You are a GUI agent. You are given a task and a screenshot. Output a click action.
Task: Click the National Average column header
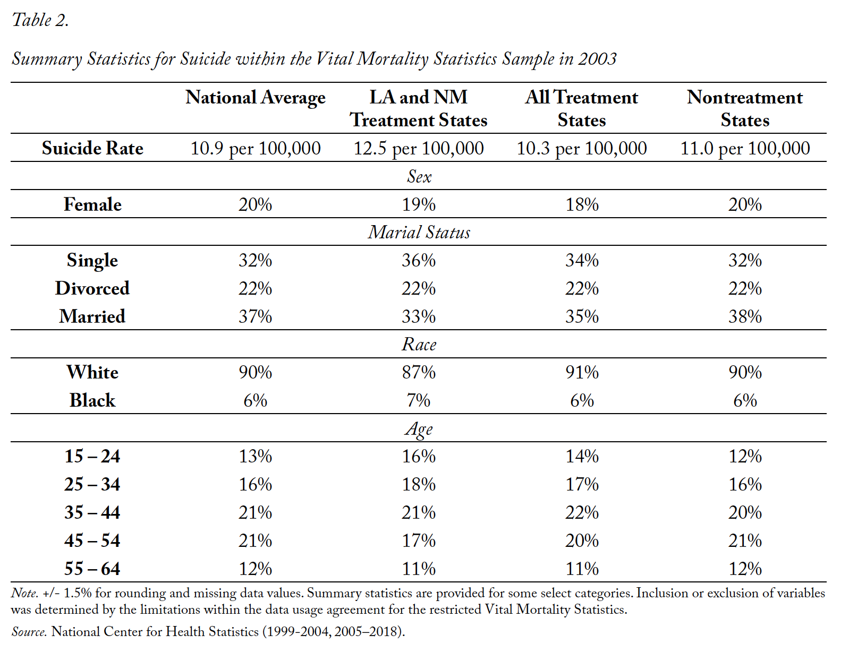[255, 98]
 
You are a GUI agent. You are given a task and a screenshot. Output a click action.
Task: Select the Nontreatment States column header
[745, 108]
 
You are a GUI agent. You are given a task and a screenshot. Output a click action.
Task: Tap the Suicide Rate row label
[92, 148]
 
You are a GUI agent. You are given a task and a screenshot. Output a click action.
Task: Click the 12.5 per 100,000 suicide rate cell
[419, 149]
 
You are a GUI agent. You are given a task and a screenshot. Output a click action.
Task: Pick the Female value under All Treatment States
[582, 204]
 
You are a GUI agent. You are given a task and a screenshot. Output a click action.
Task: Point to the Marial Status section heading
[419, 233]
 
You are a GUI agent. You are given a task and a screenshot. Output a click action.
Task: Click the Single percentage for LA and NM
[419, 260]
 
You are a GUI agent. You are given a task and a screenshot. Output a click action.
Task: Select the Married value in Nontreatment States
[745, 316]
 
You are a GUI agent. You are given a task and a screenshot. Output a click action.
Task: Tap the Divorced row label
[92, 288]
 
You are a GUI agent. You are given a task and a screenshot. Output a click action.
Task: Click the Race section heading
[419, 345]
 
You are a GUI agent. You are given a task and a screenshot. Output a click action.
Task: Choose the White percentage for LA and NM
[419, 373]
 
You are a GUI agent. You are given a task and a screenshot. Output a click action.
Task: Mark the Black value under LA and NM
[419, 400]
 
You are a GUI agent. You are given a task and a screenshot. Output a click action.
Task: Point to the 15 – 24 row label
[92, 457]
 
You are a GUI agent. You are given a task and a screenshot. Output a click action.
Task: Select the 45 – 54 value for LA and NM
[419, 541]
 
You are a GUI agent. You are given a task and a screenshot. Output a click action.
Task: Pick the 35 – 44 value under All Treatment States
[582, 512]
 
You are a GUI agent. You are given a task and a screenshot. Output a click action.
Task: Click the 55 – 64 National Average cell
[255, 569]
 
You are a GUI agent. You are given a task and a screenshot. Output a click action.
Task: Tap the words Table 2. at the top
[40, 20]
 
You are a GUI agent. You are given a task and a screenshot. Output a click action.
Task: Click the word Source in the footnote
[29, 632]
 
